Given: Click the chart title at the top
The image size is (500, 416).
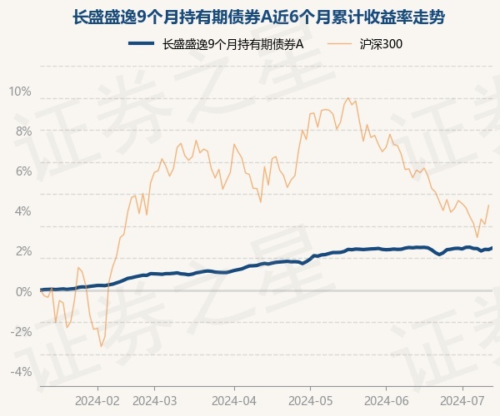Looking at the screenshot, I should tap(250, 15).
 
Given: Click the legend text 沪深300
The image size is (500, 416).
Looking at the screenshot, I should tap(382, 45).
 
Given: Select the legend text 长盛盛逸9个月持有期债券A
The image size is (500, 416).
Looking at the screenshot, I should tap(232, 45).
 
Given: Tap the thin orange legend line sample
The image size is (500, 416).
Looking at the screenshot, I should tap(341, 45).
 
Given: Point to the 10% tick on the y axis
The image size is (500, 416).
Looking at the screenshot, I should tap(20, 91).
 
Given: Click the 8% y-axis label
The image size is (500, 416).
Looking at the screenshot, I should tap(22, 131).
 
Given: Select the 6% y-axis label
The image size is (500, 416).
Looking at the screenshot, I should tap(22, 171).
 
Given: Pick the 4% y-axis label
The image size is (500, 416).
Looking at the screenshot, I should tap(22, 210).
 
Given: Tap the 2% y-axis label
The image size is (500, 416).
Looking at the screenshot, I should tap(22, 251).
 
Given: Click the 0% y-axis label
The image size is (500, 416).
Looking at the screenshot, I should tap(22, 291).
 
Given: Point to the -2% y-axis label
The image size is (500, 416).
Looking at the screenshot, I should tap(21, 331).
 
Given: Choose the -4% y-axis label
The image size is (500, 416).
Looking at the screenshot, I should tap(21, 371).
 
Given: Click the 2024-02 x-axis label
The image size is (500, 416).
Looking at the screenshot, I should tap(97, 399).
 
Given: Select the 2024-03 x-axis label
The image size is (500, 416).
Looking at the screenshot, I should tap(156, 399).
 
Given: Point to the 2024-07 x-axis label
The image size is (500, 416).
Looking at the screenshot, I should tap(462, 399).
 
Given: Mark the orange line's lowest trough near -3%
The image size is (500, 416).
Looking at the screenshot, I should tap(102, 346).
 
